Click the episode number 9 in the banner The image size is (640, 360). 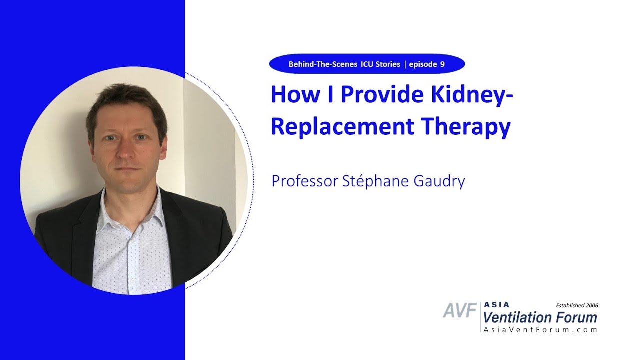click(442, 64)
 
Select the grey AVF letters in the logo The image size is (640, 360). click(459, 311)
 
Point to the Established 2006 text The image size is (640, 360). click(577, 305)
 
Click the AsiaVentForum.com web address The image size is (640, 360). click(540, 330)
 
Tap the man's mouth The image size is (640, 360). click(125, 169)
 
